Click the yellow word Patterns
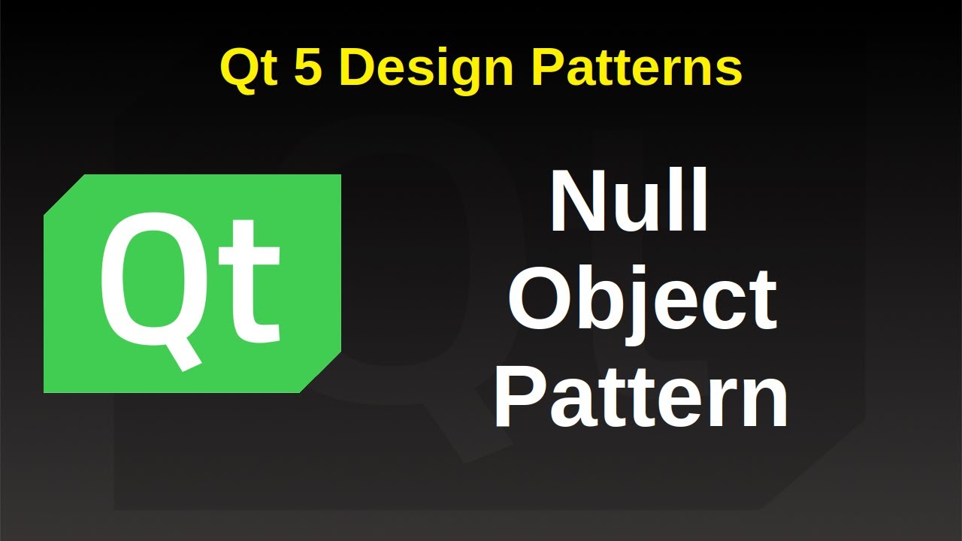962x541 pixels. pos(637,68)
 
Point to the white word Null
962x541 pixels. pos(630,202)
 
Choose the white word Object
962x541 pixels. pos(642,301)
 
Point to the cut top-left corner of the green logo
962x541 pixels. pos(65,195)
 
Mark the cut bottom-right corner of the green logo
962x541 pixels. pos(321,373)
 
